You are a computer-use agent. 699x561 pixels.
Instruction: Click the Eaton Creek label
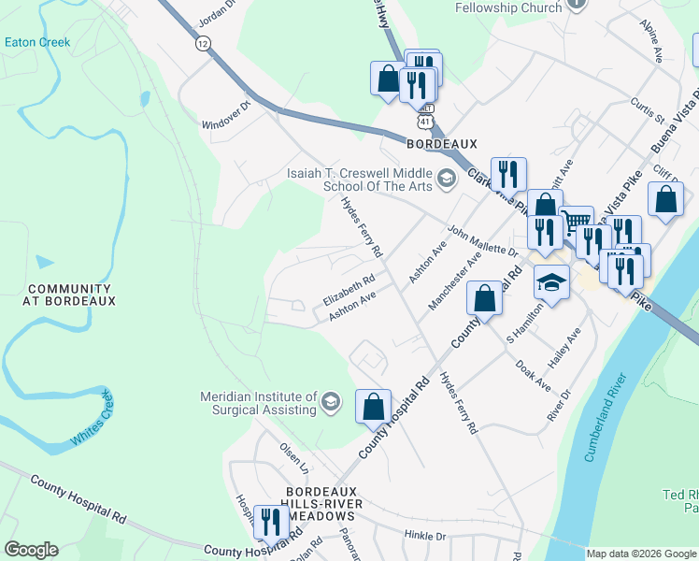(x=36, y=42)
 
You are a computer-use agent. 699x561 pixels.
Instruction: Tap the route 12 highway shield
(x=203, y=43)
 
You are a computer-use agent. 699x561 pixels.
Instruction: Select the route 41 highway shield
(x=425, y=122)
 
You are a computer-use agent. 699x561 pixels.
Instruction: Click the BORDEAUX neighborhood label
(x=442, y=144)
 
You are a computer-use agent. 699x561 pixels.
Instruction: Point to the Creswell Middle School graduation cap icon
(x=447, y=178)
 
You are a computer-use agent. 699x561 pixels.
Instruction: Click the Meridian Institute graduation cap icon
(x=329, y=403)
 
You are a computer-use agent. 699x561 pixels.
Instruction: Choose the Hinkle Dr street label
(x=425, y=536)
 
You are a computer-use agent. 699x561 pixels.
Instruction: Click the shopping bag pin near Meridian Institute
(x=373, y=407)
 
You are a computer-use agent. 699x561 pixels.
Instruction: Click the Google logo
(x=31, y=550)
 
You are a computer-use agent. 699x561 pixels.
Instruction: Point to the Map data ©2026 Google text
(x=640, y=554)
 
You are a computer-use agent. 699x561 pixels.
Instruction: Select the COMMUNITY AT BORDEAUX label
(x=71, y=295)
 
